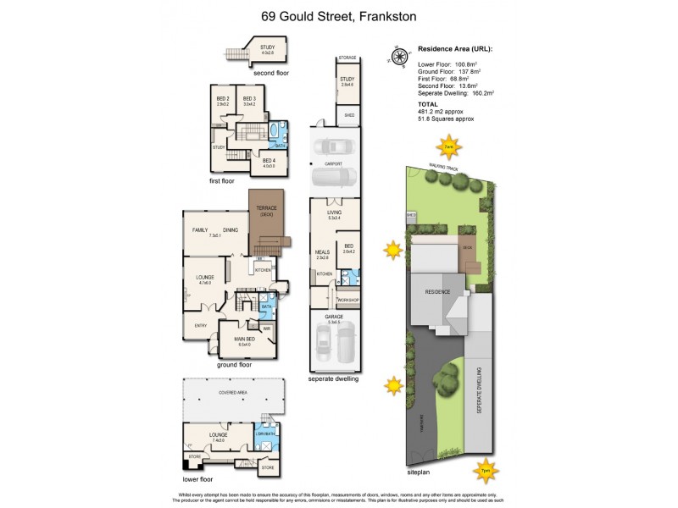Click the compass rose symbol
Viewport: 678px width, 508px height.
pyautogui.click(x=397, y=57)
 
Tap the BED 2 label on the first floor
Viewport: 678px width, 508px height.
pyautogui.click(x=223, y=100)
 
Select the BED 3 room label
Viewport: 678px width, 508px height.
pyautogui.click(x=249, y=100)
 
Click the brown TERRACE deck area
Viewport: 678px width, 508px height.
pyautogui.click(x=269, y=222)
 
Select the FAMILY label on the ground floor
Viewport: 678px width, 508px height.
pyautogui.click(x=200, y=229)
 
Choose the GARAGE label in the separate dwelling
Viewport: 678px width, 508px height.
pyautogui.click(x=334, y=317)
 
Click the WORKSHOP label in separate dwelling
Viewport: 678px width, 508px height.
pyautogui.click(x=348, y=301)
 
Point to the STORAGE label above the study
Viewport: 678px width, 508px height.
pyautogui.click(x=347, y=58)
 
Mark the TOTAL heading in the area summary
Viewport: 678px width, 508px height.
pyautogui.click(x=428, y=103)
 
